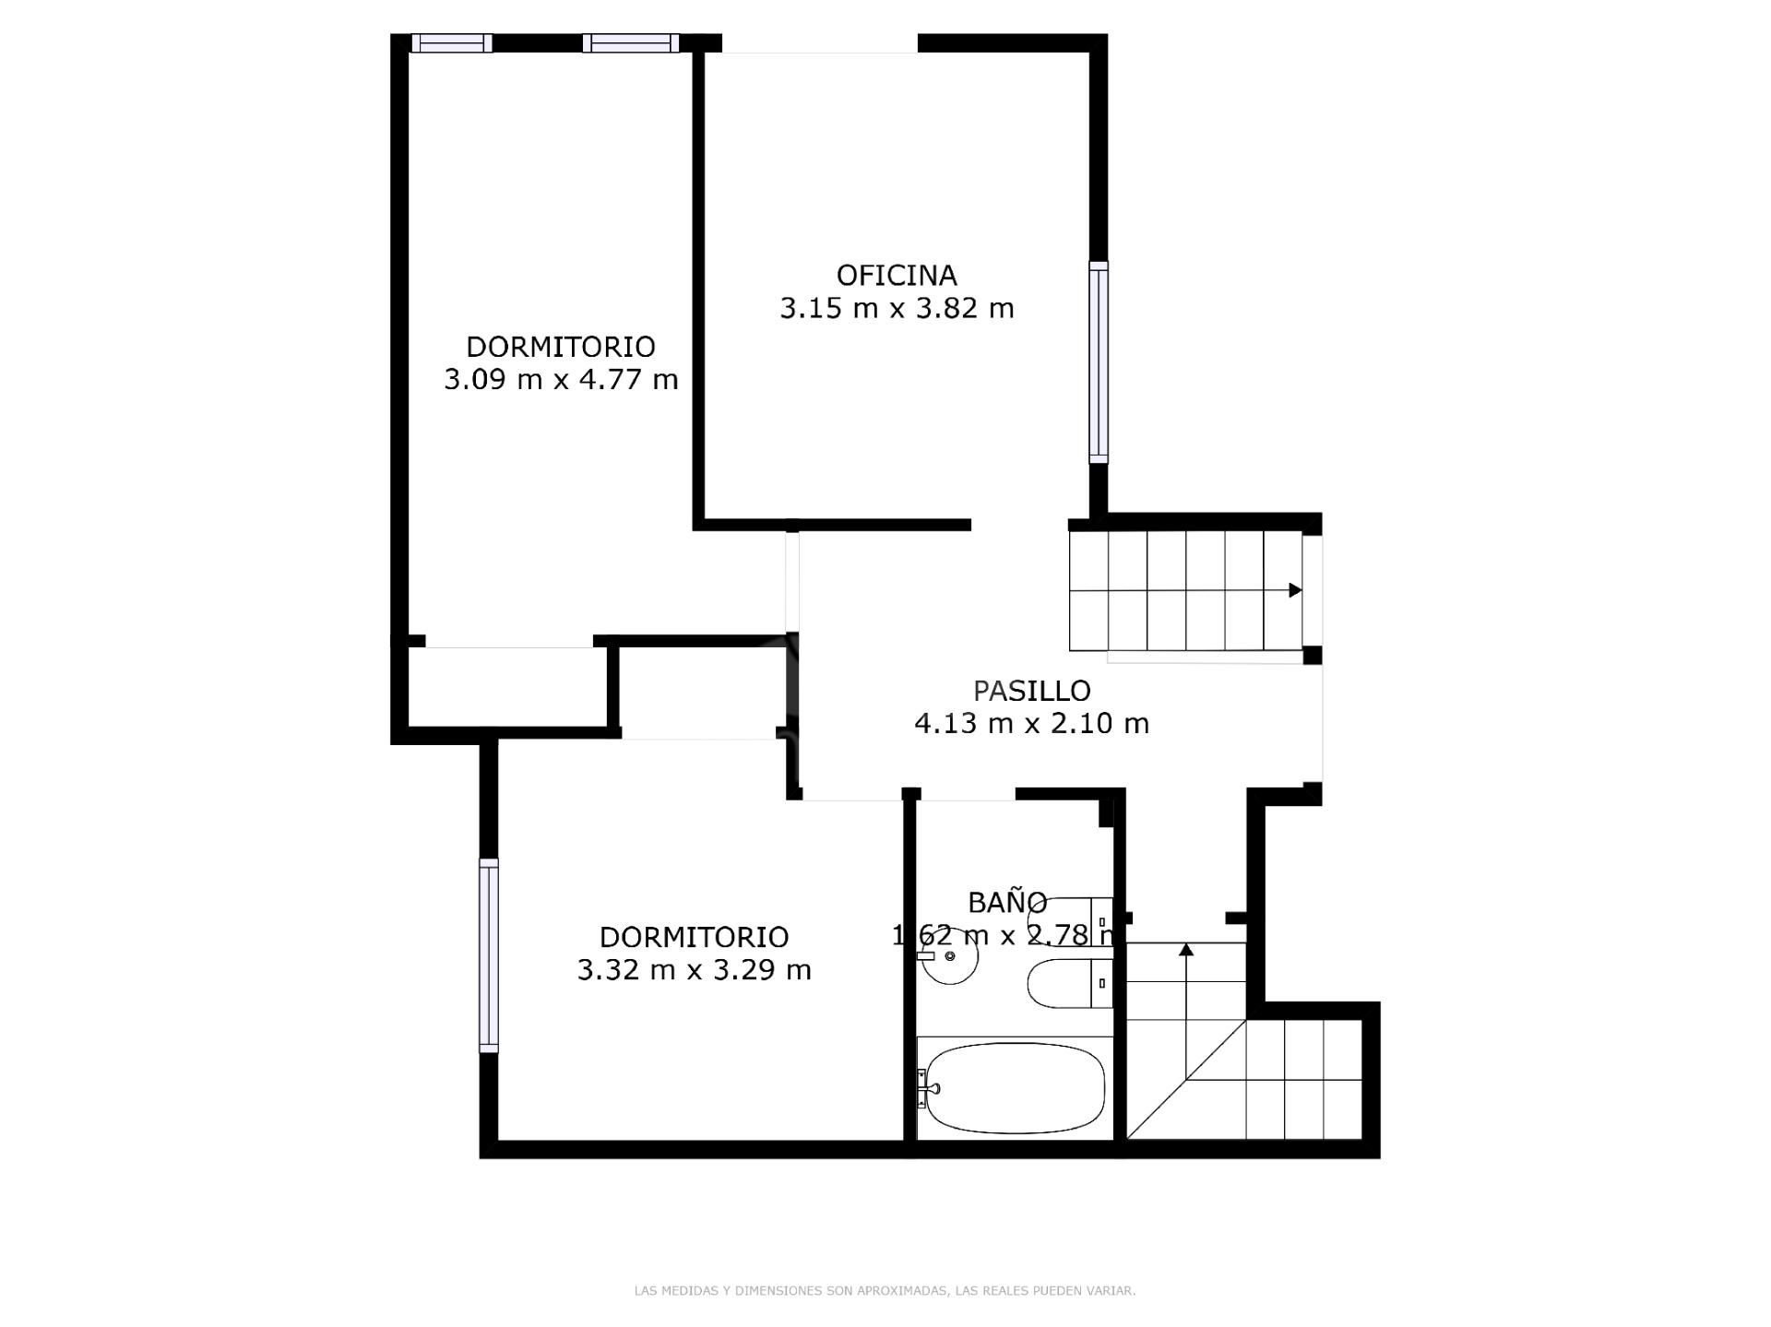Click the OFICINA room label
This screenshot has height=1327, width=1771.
(896, 275)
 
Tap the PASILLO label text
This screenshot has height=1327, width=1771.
(1031, 690)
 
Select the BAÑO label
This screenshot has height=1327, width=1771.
(1006, 901)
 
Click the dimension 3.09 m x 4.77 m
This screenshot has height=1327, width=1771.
(561, 379)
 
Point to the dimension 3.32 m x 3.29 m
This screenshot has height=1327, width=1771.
(694, 969)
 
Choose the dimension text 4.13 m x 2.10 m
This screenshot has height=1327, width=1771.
(1031, 723)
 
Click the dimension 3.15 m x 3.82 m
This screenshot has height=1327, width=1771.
(896, 308)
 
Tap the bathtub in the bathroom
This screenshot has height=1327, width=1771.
(1015, 1088)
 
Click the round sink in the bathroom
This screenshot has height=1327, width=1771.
(950, 956)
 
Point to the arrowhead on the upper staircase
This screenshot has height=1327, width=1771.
(1295, 590)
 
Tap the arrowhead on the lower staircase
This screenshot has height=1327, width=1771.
(1186, 948)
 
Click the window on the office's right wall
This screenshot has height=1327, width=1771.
(1098, 361)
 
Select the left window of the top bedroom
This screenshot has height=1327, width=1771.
(451, 43)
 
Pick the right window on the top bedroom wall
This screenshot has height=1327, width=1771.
(631, 43)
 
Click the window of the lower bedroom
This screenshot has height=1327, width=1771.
(489, 955)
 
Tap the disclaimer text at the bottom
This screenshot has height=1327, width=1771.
(885, 1291)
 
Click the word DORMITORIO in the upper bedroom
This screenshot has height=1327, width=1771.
(561, 347)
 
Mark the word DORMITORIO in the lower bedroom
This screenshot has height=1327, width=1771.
(694, 937)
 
